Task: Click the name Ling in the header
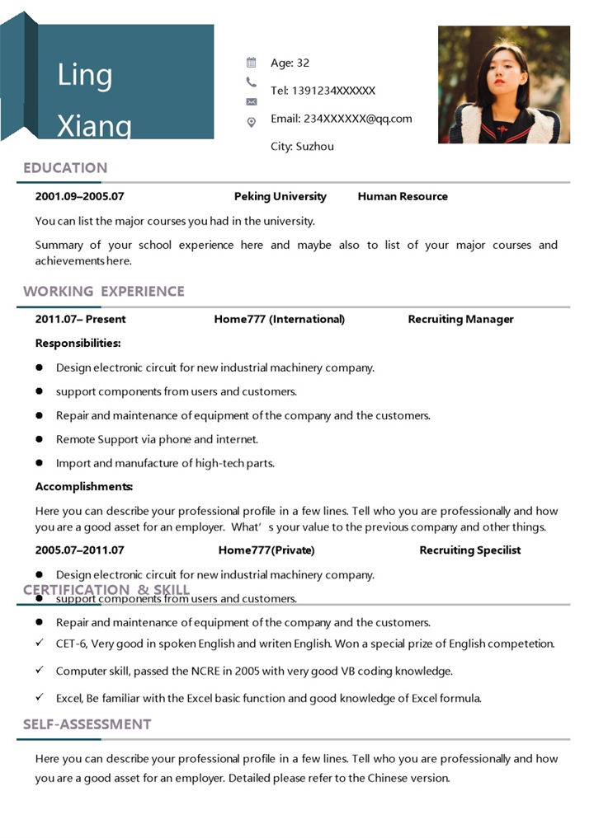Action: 84,76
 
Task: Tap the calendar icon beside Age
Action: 252,63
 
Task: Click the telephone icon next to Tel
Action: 252,82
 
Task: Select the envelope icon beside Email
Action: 252,101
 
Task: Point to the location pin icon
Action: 252,122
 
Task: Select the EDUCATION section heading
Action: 65,168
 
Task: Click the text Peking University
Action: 280,197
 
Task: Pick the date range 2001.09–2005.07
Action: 79,197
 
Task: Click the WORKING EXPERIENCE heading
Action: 104,292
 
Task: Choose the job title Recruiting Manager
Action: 460,320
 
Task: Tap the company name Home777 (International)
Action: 279,320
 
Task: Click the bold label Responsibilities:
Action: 78,344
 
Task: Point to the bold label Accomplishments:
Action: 83,487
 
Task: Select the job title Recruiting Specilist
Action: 469,550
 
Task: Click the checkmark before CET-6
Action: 40,643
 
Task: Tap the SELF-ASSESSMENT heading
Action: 87,724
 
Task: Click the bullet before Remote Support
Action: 40,439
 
